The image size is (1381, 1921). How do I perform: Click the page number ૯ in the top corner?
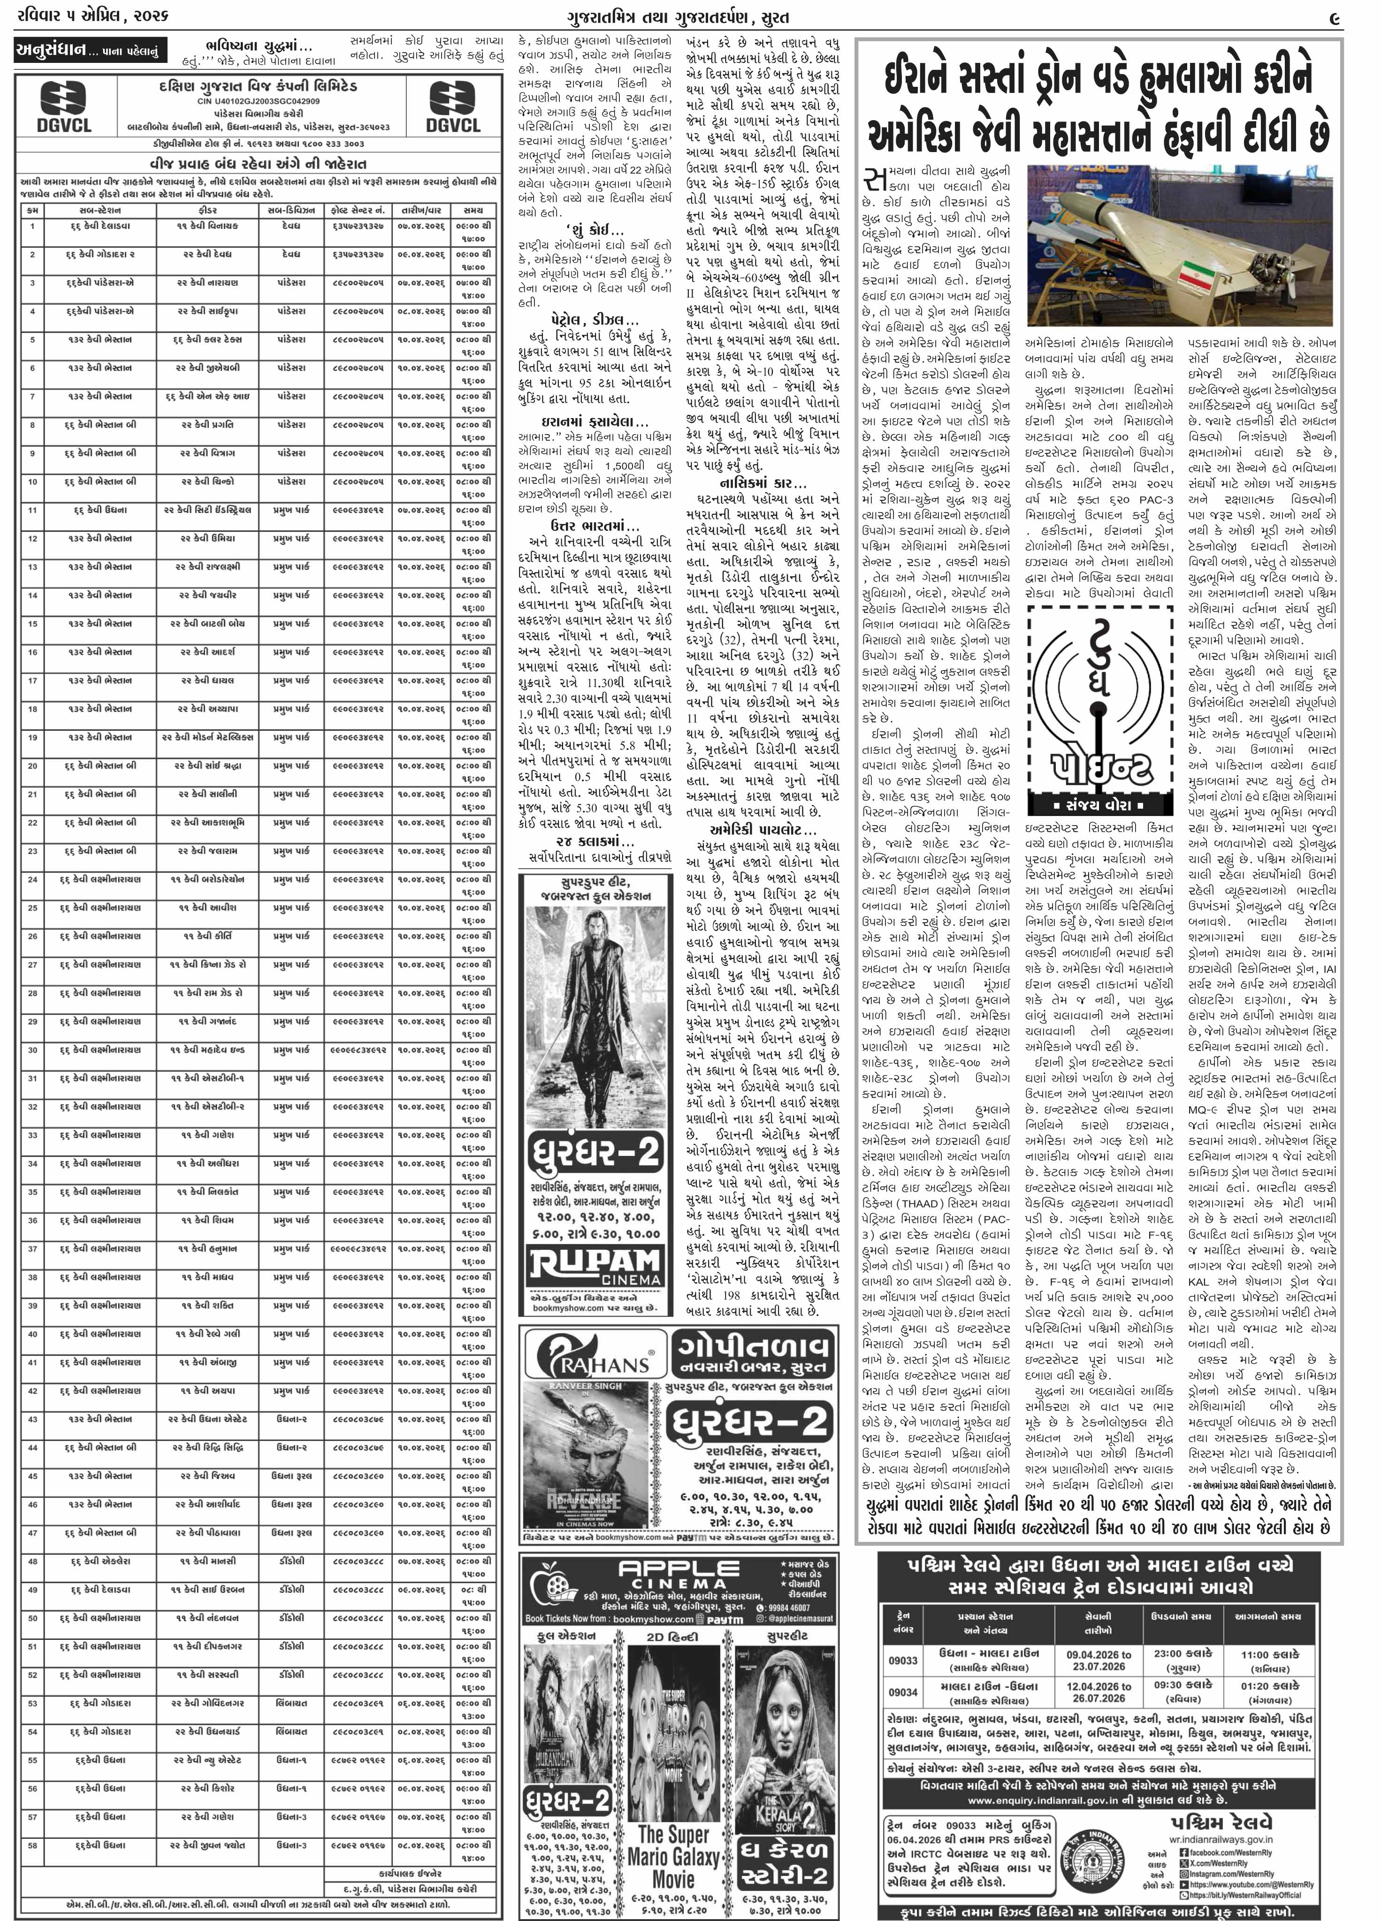point(1334,17)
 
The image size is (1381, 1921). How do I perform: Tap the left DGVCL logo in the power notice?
point(63,106)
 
